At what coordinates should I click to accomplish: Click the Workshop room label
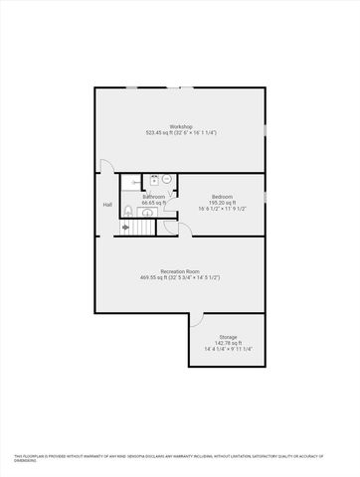(x=180, y=126)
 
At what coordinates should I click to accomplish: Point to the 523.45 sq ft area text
(x=180, y=133)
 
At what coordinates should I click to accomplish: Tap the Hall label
(x=106, y=206)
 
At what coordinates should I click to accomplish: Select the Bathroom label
(x=153, y=197)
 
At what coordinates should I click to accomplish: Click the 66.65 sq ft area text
(x=153, y=204)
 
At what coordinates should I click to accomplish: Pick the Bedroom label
(x=222, y=196)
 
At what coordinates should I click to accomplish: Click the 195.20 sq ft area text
(x=222, y=203)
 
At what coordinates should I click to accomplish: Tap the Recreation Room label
(x=180, y=270)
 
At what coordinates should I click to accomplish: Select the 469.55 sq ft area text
(x=180, y=277)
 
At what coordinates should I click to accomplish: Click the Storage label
(x=228, y=336)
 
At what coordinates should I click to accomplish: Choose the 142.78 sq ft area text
(x=228, y=343)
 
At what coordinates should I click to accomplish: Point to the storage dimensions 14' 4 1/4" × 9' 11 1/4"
(x=228, y=350)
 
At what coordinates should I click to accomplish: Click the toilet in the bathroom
(x=128, y=210)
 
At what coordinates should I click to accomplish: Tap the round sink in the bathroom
(x=168, y=179)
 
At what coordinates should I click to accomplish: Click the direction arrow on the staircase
(x=125, y=227)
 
